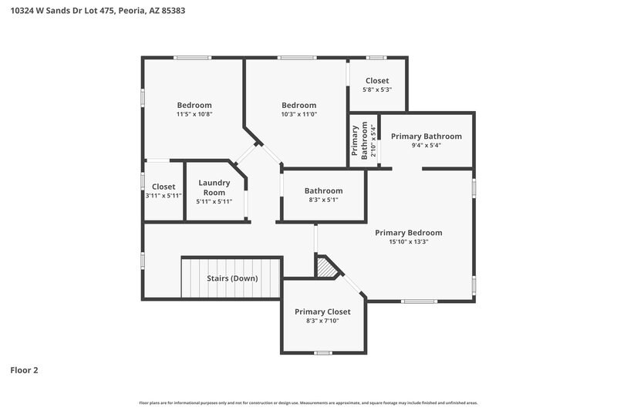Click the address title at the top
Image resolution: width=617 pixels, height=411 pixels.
point(96,12)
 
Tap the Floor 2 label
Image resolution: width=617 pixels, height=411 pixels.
point(24,370)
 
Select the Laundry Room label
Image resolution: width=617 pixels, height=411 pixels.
point(214,187)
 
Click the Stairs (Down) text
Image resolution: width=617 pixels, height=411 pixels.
point(232,278)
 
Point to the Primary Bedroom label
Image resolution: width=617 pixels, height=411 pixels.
point(409,232)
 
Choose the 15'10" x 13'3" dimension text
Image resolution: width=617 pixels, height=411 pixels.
point(409,241)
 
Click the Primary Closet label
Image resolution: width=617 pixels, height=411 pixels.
point(322,312)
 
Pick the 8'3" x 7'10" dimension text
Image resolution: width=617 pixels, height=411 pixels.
point(322,321)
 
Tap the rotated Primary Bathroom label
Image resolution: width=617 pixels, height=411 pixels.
point(360,141)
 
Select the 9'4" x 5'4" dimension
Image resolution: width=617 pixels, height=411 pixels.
point(426,145)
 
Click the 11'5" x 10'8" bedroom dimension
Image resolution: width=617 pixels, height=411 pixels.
point(194,114)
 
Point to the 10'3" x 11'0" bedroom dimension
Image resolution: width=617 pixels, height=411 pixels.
point(298,114)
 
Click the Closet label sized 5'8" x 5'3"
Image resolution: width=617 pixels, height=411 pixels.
point(377,80)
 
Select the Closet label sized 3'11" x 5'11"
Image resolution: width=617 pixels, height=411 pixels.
point(164,187)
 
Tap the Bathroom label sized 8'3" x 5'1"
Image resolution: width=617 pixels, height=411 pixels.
point(323,190)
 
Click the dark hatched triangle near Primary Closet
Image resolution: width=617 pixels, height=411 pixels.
point(328,268)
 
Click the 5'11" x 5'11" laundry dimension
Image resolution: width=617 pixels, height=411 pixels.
point(214,201)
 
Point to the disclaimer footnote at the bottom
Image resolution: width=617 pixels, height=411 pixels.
point(308,403)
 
